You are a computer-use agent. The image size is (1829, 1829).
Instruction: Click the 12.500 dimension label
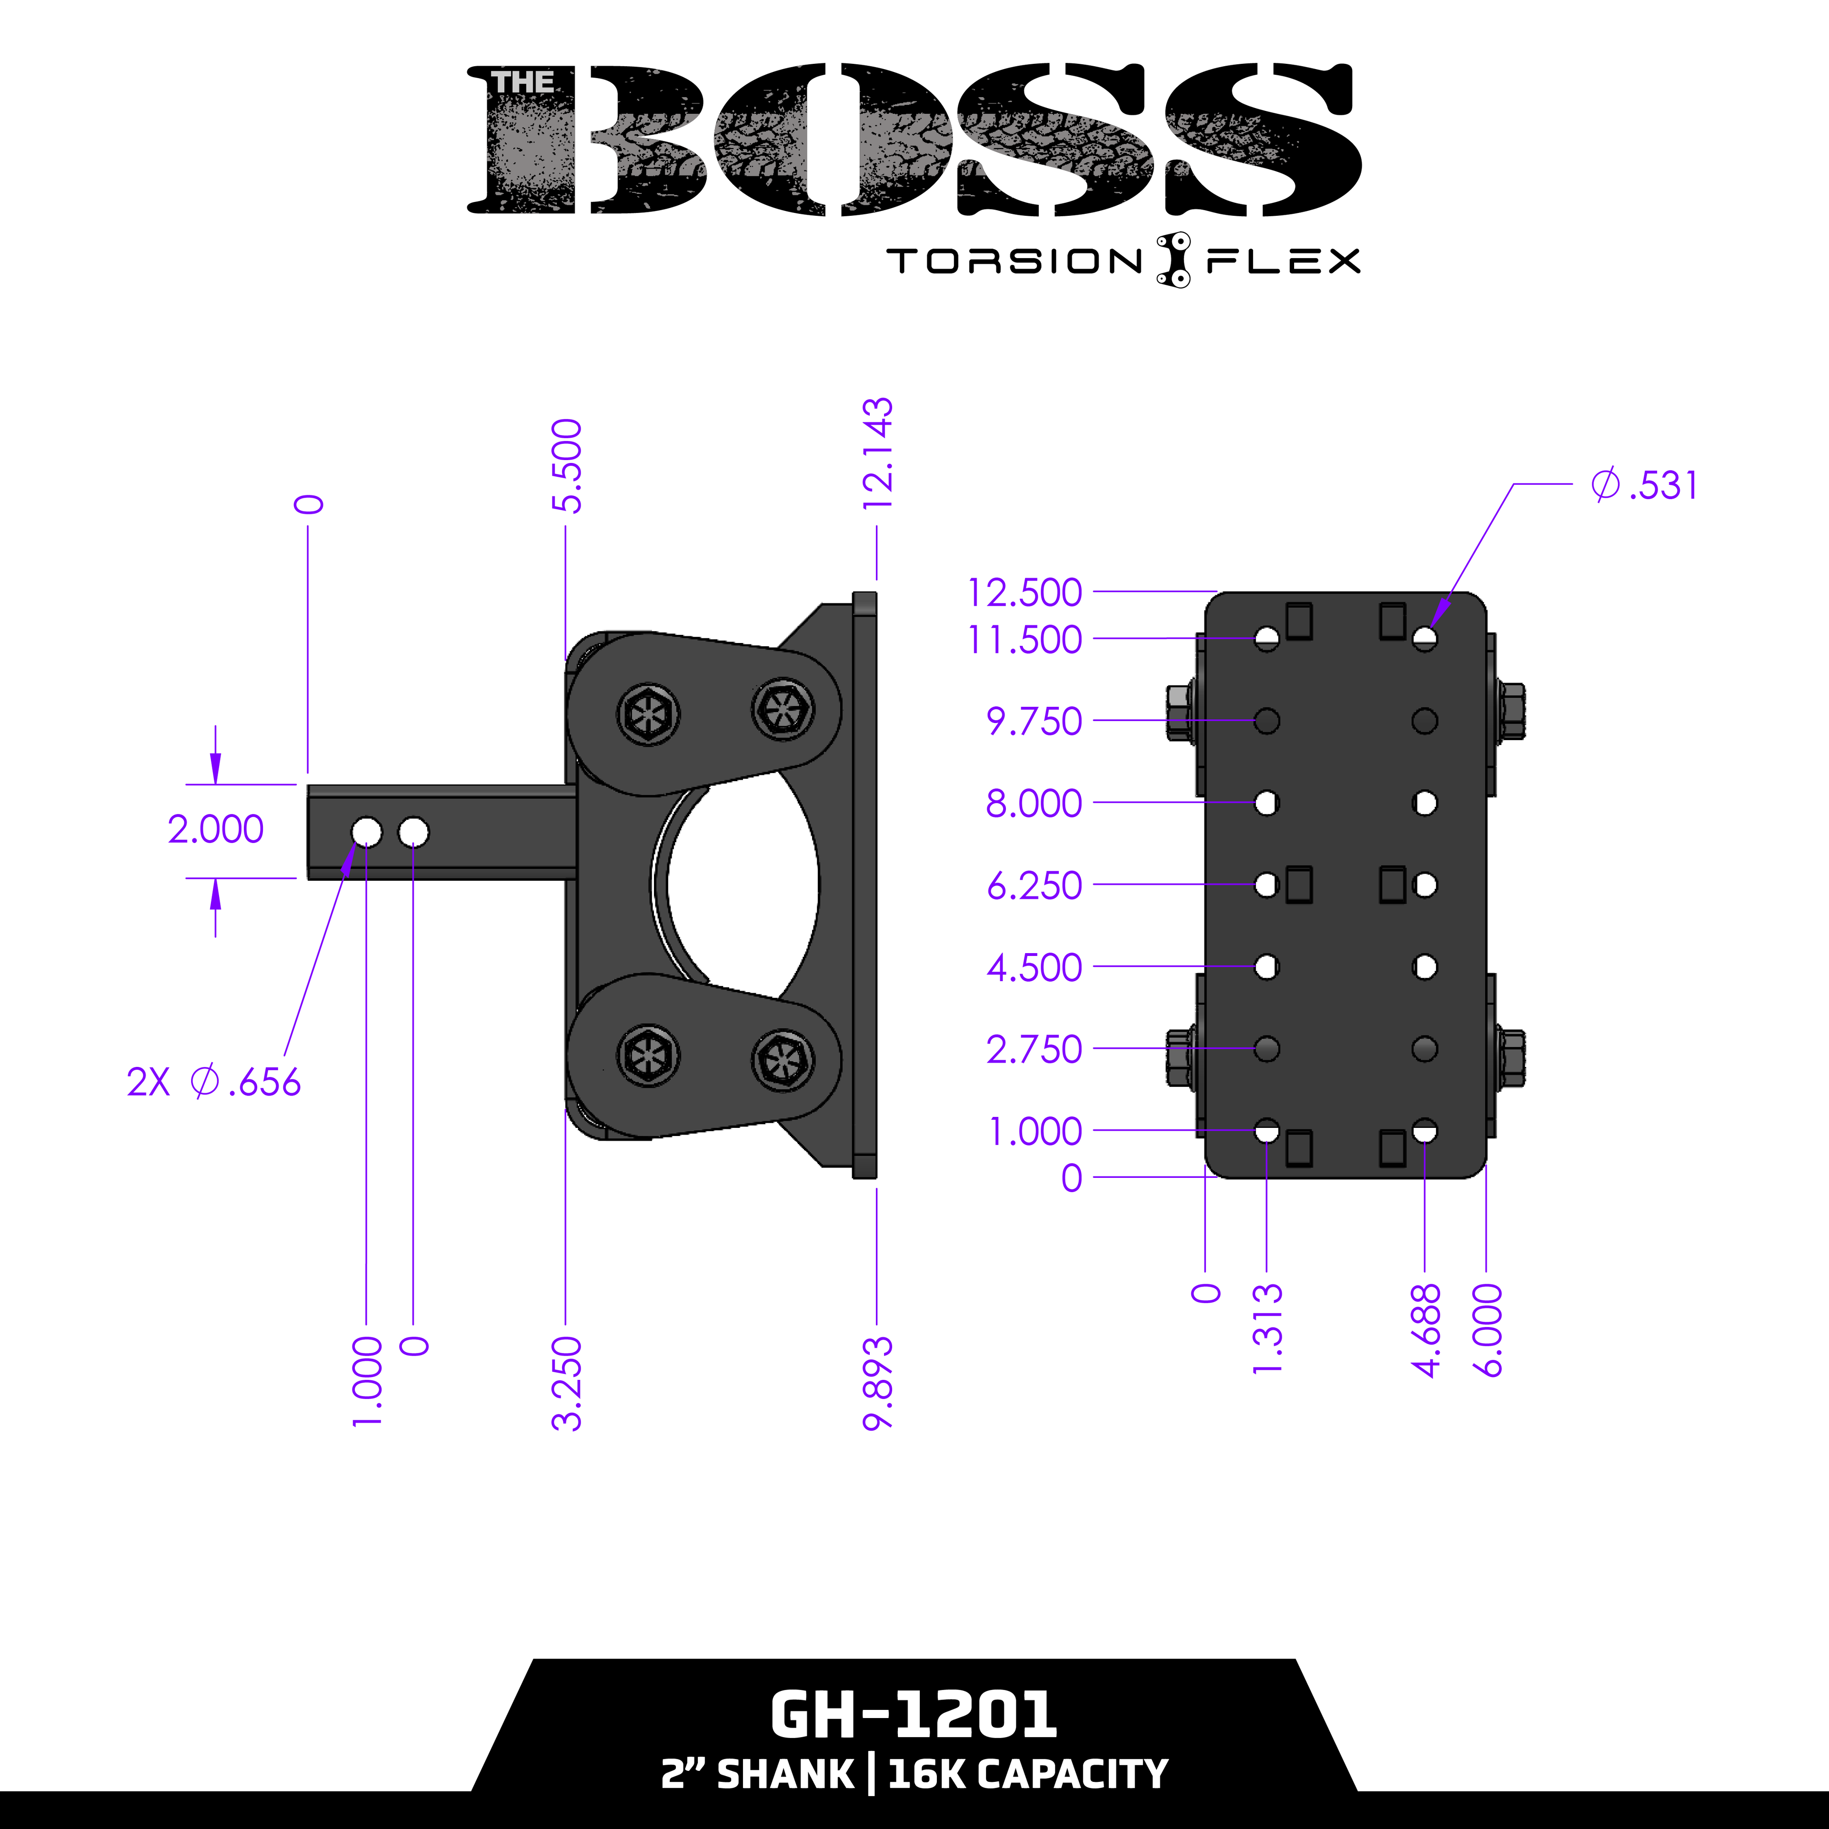click(x=1025, y=593)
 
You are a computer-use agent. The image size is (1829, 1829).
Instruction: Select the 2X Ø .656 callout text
click(x=214, y=1082)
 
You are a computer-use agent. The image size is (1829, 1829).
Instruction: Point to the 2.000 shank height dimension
click(x=216, y=829)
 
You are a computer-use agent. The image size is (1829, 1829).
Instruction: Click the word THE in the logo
click(x=523, y=83)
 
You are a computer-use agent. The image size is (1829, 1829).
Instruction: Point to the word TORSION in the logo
click(x=1015, y=261)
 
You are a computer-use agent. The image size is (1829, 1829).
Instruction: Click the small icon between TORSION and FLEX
click(x=1174, y=260)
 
